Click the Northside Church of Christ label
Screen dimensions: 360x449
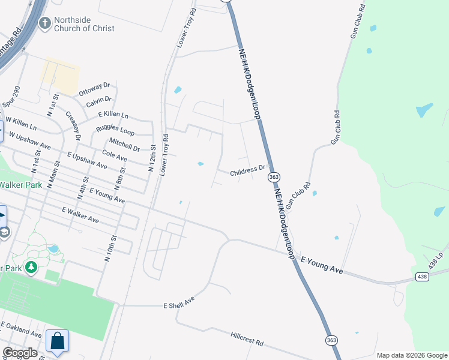click(84, 24)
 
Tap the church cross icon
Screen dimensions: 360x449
click(44, 23)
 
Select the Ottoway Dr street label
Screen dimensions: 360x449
click(94, 88)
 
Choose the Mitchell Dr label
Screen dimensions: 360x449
click(124, 145)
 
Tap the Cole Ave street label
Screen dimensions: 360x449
click(115, 156)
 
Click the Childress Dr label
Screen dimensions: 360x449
click(247, 172)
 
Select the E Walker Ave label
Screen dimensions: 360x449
click(80, 215)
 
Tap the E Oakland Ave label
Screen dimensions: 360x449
click(22, 330)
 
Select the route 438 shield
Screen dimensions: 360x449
click(423, 277)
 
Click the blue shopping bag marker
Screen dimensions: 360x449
click(58, 341)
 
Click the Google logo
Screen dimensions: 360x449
click(20, 353)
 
